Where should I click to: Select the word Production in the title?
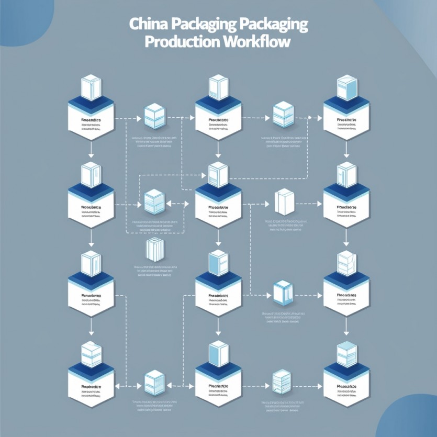tap(176, 42)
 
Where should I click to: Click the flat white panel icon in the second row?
tap(282, 201)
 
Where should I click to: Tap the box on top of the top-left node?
tap(91, 87)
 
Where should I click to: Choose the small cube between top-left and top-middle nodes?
tap(154, 115)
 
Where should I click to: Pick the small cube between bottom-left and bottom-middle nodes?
tap(154, 381)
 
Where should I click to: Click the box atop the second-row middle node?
tap(218, 175)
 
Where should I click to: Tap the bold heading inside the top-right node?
tap(346, 120)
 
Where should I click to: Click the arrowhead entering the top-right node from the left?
tap(320, 118)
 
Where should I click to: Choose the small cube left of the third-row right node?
tap(282, 291)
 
